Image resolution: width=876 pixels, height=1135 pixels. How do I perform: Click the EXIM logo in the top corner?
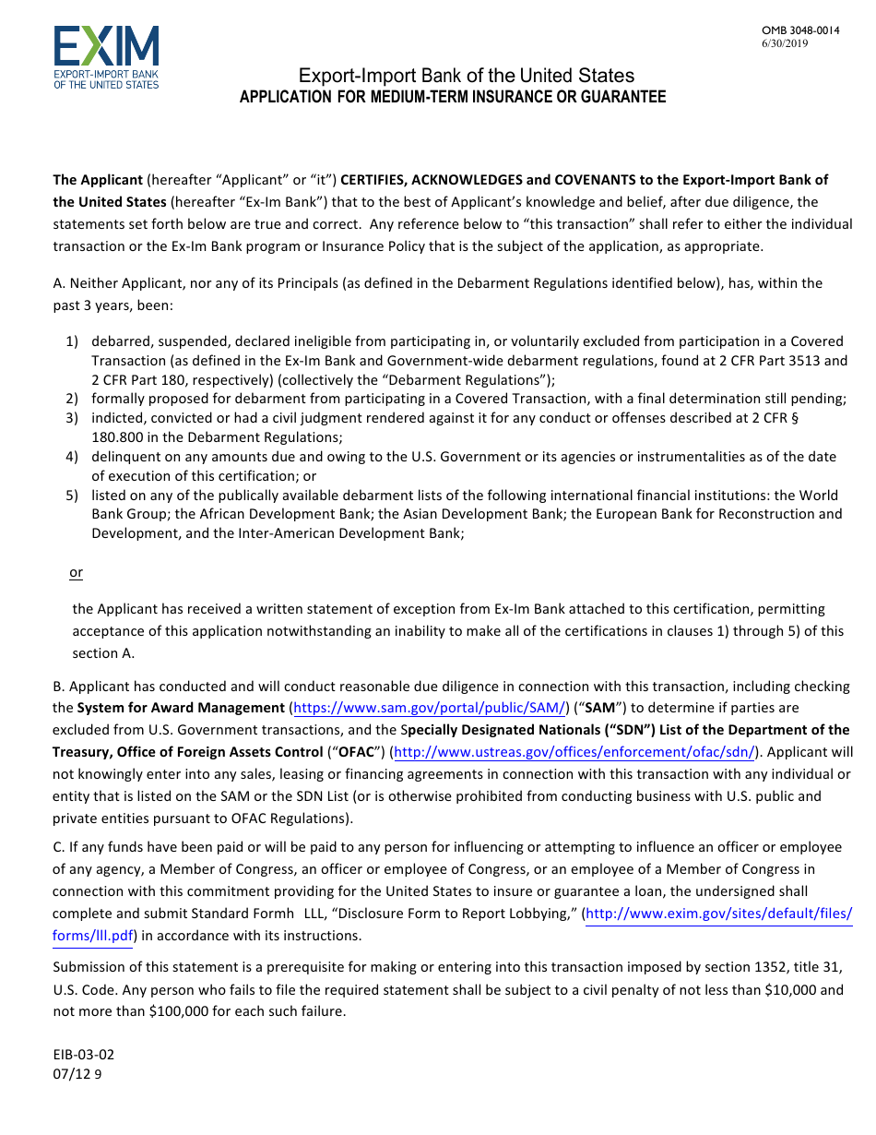106,57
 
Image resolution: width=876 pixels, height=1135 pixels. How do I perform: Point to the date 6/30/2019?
785,43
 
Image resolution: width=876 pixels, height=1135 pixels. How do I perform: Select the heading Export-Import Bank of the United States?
466,76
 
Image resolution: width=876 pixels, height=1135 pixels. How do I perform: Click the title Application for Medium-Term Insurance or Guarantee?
452,97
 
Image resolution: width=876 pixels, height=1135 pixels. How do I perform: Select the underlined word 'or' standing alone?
76,573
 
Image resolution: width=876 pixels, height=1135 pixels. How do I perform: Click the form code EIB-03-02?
84,1055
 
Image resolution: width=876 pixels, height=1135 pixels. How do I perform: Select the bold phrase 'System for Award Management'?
181,708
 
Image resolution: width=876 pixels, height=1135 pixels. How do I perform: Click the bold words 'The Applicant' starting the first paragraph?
98,180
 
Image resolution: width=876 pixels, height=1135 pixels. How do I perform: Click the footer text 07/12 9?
77,1073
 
